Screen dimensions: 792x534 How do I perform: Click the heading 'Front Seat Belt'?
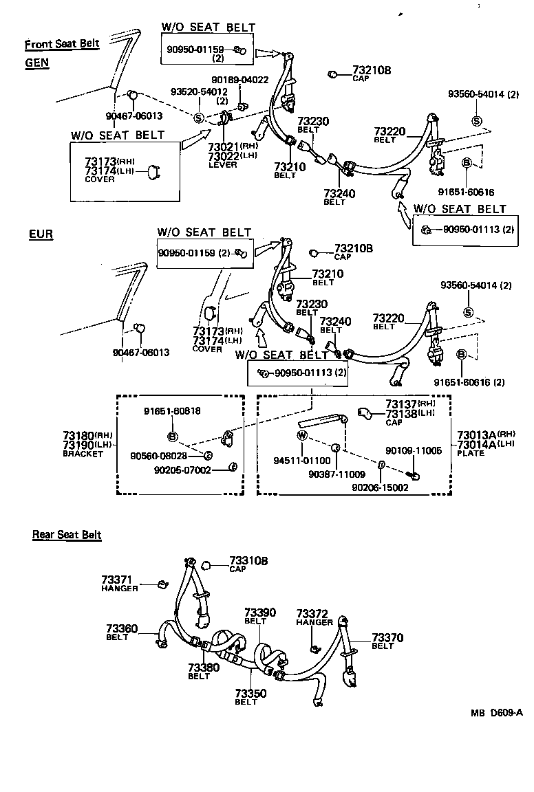coord(62,45)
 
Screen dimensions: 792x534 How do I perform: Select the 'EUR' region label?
coord(41,234)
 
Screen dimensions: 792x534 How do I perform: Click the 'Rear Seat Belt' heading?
coord(67,535)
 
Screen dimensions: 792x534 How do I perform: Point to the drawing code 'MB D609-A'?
coord(496,712)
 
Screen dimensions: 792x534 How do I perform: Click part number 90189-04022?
coord(239,80)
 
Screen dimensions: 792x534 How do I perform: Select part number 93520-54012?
coord(199,91)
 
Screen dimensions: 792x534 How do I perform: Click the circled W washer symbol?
coord(301,435)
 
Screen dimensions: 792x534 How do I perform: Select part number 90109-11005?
coord(413,450)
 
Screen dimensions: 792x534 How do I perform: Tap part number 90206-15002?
coord(380,487)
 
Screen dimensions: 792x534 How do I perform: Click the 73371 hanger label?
coord(116,580)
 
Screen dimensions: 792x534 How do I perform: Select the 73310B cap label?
coord(248,561)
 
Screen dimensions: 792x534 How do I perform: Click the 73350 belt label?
coord(250,694)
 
